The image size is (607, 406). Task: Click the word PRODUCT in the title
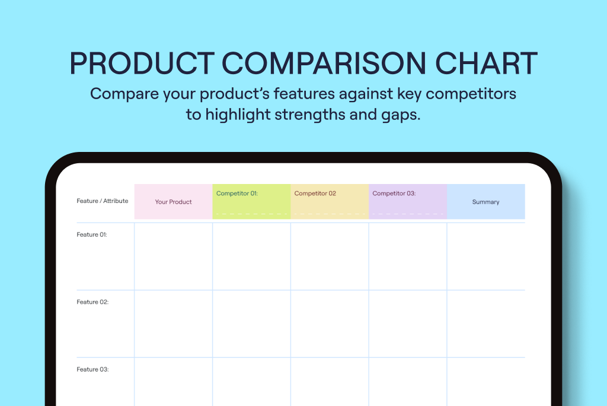pyautogui.click(x=142, y=63)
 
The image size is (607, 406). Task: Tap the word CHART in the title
pyautogui.click(x=486, y=63)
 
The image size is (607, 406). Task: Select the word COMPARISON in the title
pyautogui.click(x=324, y=63)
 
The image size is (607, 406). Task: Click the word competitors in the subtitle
pyautogui.click(x=471, y=94)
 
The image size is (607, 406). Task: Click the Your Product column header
pyautogui.click(x=174, y=202)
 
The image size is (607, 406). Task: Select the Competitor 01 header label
pyautogui.click(x=237, y=194)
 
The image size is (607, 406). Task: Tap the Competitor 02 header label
pyautogui.click(x=315, y=194)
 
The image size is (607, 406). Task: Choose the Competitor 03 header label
pyautogui.click(x=394, y=194)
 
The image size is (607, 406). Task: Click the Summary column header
pyautogui.click(x=486, y=202)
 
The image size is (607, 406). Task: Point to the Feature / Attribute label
pyautogui.click(x=102, y=201)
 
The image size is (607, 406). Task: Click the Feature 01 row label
pyautogui.click(x=92, y=234)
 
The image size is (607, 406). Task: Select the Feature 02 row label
pyautogui.click(x=92, y=302)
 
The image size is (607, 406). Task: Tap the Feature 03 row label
pyautogui.click(x=92, y=370)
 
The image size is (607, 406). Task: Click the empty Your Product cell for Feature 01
pyautogui.click(x=174, y=256)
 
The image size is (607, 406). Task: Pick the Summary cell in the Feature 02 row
pyautogui.click(x=486, y=324)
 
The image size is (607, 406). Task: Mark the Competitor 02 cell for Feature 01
pyautogui.click(x=330, y=256)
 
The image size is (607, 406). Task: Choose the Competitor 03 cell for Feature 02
pyautogui.click(x=408, y=324)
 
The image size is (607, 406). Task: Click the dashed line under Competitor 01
pyautogui.click(x=251, y=214)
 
